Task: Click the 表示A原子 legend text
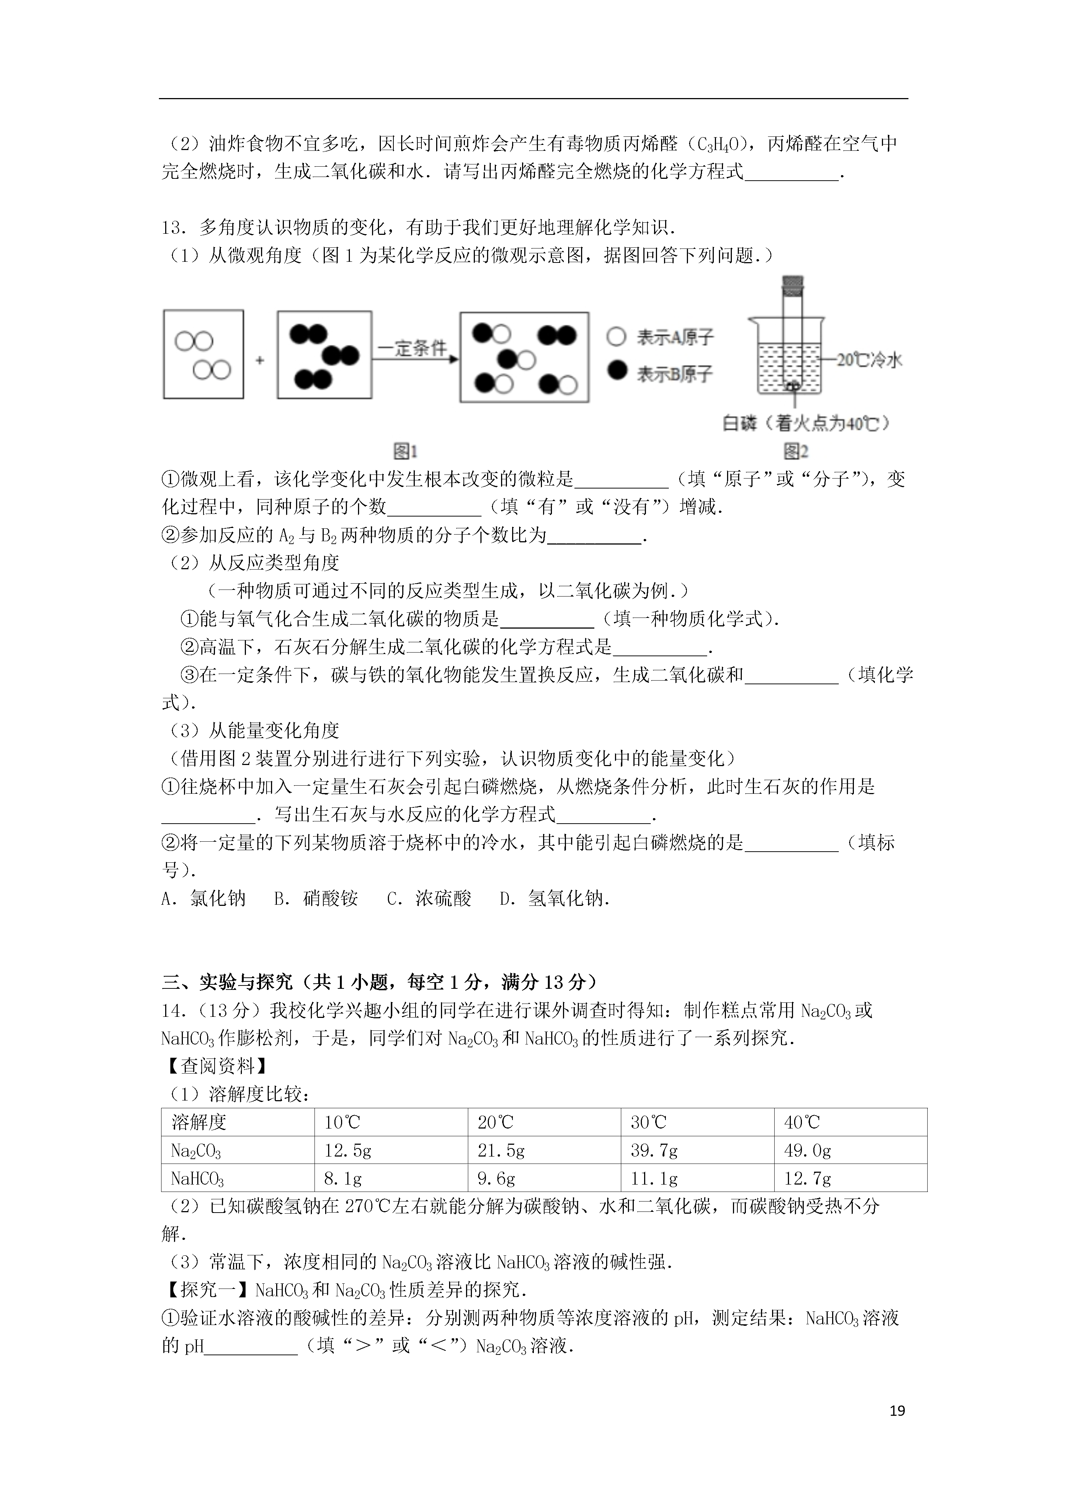pos(674,337)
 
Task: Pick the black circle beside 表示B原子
pos(617,371)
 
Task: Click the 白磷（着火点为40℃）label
pos(806,423)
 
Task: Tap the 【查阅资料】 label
pos(214,1065)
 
